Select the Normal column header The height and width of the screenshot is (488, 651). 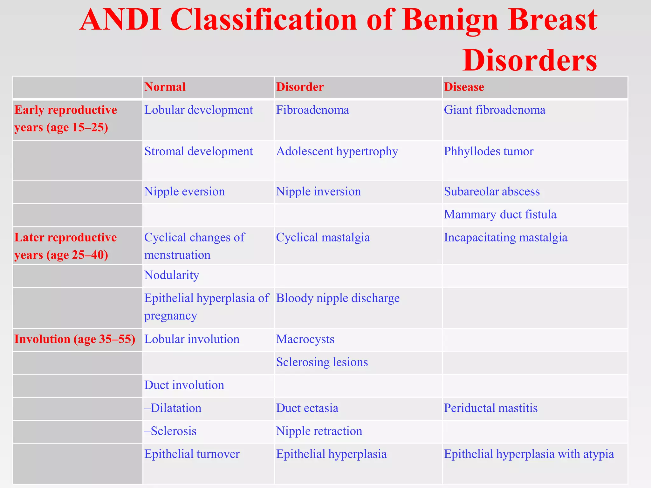(x=165, y=87)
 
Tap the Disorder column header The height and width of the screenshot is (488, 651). (x=300, y=87)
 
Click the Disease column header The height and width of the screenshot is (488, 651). (x=464, y=87)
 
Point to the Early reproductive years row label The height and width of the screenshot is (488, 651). (x=65, y=119)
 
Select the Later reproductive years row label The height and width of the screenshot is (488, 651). (x=65, y=246)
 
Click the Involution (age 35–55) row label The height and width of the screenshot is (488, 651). (x=75, y=339)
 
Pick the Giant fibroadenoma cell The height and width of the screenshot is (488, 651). (x=495, y=110)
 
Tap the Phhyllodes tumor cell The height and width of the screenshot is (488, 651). (x=489, y=151)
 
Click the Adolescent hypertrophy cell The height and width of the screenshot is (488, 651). (x=337, y=151)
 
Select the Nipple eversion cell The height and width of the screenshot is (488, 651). (x=184, y=192)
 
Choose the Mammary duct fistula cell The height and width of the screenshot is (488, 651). (x=500, y=214)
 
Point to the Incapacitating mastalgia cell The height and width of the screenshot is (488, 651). (x=505, y=237)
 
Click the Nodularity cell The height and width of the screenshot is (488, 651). (x=172, y=275)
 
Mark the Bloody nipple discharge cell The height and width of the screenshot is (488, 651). (x=338, y=298)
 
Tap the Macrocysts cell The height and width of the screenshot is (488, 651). (x=305, y=339)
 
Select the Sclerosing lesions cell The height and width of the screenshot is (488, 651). (x=322, y=362)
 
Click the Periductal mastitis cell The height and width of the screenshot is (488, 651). (x=490, y=408)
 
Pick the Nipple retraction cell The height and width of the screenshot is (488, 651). (x=319, y=431)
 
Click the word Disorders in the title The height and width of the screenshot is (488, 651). (x=530, y=60)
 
